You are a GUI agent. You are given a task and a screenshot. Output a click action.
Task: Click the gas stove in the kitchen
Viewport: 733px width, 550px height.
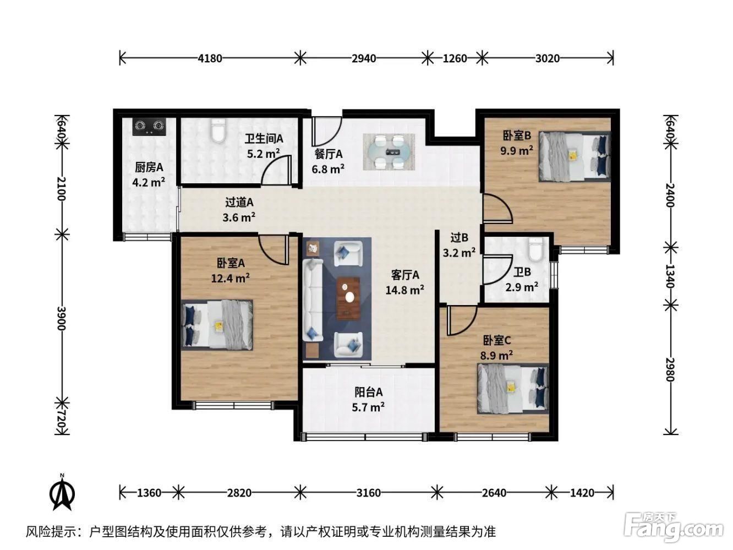[x=149, y=126]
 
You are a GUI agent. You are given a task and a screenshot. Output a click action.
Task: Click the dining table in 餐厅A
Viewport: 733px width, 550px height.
[x=389, y=152]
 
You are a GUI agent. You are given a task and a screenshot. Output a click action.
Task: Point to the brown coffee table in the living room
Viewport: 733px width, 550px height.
[x=349, y=298]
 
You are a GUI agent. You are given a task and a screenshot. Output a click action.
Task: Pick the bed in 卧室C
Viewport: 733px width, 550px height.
[x=513, y=389]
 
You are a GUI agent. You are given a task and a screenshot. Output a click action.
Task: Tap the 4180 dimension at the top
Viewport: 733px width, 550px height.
[x=210, y=58]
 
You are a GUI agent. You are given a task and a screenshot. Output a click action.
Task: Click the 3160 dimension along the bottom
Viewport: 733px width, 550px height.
[x=368, y=493]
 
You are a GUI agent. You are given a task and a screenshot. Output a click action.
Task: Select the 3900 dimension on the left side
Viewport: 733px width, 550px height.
[x=62, y=318]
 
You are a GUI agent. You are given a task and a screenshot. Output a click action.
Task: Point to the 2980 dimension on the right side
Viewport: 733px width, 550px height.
[x=670, y=369]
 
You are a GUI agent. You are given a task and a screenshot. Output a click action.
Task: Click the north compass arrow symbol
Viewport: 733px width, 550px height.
[x=62, y=494]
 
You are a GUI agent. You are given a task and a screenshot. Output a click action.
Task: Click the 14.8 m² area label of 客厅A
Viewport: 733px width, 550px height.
[x=405, y=290]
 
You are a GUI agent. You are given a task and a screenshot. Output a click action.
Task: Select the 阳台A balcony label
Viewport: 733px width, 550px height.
[x=368, y=392]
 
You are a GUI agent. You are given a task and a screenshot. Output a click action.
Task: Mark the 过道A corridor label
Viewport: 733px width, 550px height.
[x=239, y=203]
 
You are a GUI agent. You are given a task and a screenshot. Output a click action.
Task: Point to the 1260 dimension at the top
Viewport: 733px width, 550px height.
[x=455, y=58]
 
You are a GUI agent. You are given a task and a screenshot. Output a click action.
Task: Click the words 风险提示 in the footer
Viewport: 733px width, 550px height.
[x=51, y=532]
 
